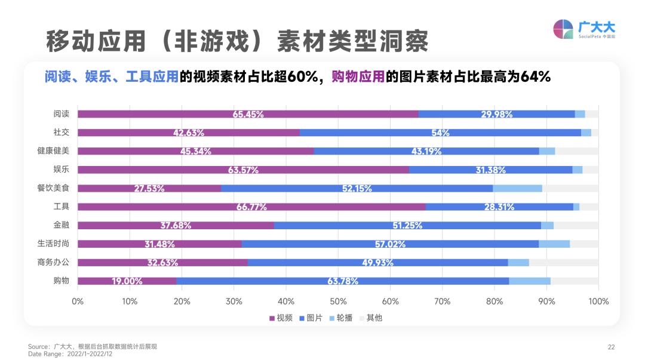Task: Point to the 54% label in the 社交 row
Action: point(441,133)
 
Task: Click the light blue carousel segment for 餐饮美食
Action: point(517,188)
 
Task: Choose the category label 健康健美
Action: point(53,151)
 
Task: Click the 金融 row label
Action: point(62,225)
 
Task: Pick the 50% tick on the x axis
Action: point(338,301)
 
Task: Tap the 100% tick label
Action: point(598,301)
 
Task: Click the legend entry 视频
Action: point(281,318)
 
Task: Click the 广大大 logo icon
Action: point(563,29)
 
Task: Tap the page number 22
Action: point(611,347)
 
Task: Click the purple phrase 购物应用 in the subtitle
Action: point(357,77)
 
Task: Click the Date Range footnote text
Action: point(70,353)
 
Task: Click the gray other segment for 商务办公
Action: point(563,262)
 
